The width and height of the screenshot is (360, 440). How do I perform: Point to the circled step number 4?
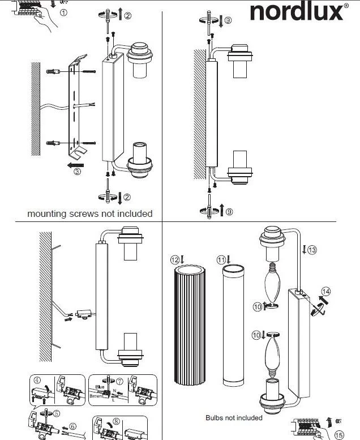[x=37, y=381]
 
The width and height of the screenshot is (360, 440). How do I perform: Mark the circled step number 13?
[x=312, y=248]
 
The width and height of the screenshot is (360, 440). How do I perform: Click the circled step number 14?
[x=324, y=292]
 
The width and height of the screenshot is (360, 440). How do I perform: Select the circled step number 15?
[x=339, y=435]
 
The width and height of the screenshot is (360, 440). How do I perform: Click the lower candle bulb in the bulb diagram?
[x=271, y=354]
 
